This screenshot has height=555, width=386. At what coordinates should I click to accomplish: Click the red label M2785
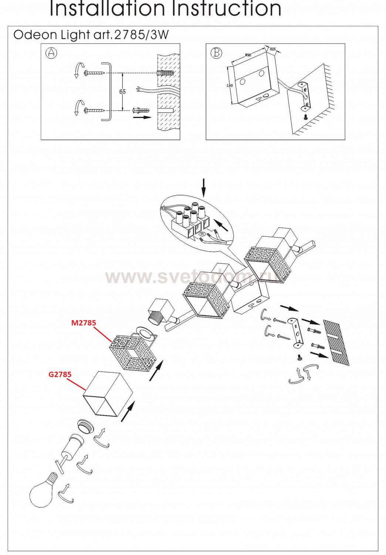[83, 323]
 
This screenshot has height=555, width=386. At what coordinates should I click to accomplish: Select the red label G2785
[60, 374]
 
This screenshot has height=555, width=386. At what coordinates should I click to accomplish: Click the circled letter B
[216, 53]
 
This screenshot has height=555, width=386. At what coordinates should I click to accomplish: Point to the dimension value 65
[122, 91]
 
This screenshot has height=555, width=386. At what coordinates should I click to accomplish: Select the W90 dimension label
[248, 55]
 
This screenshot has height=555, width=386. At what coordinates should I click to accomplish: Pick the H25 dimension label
[272, 49]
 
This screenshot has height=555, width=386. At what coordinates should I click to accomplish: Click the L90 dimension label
[230, 85]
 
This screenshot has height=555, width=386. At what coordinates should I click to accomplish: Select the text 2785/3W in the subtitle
[142, 35]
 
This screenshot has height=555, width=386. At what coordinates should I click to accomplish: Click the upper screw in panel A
[95, 73]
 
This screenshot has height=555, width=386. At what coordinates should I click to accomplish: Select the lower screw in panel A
[95, 110]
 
